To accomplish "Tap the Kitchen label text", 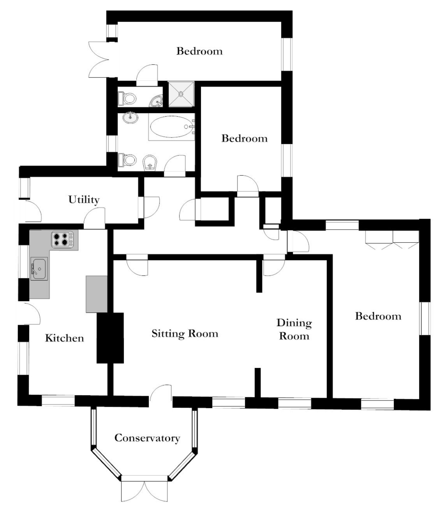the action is (x=65, y=338).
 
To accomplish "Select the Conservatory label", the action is (x=147, y=438).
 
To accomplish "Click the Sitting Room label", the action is (x=185, y=333).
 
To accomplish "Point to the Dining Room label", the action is (x=294, y=329).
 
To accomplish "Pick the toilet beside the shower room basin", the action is (x=127, y=98).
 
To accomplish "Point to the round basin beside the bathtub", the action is (x=130, y=118).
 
